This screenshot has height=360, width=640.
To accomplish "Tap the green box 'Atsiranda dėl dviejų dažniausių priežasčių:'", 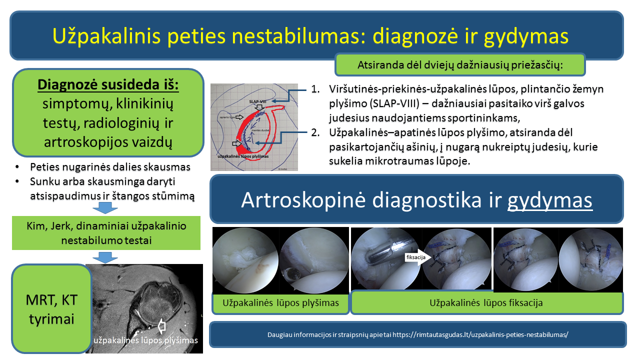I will point(460,65).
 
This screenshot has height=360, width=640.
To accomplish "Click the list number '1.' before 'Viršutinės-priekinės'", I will point(315,89).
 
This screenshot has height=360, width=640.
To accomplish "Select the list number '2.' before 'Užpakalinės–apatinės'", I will point(315,133).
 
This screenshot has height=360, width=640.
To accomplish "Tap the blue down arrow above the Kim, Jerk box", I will point(105,206).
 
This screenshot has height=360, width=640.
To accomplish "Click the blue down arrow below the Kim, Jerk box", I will point(105,256).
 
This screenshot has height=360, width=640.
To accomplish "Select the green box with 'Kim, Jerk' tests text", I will point(106,233).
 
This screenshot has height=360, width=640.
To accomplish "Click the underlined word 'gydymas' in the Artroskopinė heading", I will point(550,200).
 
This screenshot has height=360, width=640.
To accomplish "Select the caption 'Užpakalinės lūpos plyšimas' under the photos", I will point(280,303).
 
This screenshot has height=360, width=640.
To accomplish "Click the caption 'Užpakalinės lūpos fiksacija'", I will point(486,303).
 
